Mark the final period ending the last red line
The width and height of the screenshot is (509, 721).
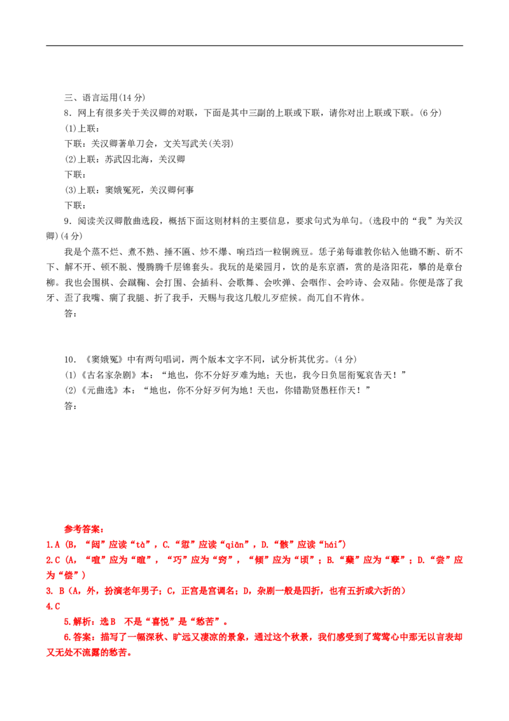[130, 653]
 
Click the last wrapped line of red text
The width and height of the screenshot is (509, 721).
[88, 653]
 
